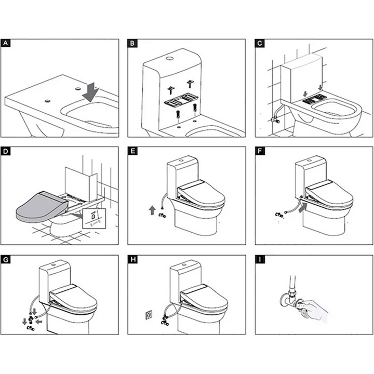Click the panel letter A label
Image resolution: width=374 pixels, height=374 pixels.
pyautogui.click(x=5, y=44)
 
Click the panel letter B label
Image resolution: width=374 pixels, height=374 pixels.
pyautogui.click(x=133, y=44)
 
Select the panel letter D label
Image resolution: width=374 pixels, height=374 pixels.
pyautogui.click(x=5, y=152)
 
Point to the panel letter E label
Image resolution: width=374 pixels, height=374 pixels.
pyautogui.click(x=133, y=152)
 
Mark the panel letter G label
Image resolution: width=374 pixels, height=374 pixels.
pyautogui.click(x=5, y=258)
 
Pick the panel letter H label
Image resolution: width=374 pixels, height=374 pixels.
pyautogui.click(x=133, y=258)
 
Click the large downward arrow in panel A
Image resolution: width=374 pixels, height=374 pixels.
pyautogui.click(x=91, y=92)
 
